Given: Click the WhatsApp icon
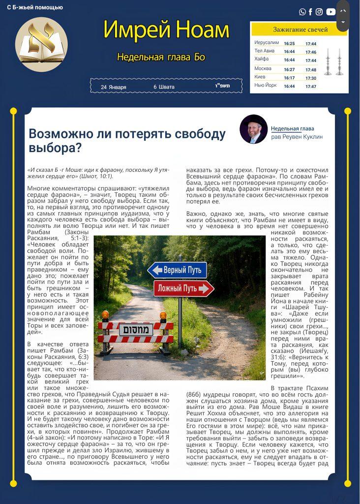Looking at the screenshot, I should click(x=302, y=12).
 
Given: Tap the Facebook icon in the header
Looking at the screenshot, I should click(x=310, y=12).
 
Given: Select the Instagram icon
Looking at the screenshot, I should click(x=319, y=12).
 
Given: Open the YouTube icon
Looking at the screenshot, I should click(x=330, y=12).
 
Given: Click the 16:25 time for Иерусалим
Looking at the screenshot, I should click(x=289, y=43).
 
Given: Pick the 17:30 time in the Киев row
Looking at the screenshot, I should click(x=311, y=78).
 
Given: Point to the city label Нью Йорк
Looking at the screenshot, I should click(x=266, y=86).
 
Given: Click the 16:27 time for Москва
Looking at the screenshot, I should click(x=289, y=69).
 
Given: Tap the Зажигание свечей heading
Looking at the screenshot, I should click(x=300, y=30).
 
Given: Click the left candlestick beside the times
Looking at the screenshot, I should click(x=328, y=62).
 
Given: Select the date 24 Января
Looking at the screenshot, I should click(x=114, y=87).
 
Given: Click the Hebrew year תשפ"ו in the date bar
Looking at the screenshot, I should click(x=222, y=87).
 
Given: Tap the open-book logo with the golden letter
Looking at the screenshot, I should click(x=41, y=43).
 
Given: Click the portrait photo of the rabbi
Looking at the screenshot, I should click(x=253, y=129).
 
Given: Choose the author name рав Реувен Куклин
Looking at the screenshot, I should click(x=297, y=137).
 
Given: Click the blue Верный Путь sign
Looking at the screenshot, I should click(x=177, y=270).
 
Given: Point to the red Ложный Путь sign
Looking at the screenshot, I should click(x=183, y=288).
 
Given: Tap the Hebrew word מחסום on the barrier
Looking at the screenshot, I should click(x=135, y=329).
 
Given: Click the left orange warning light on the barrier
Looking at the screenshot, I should click(x=105, y=315).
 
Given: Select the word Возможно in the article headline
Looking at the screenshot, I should click(x=58, y=133).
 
